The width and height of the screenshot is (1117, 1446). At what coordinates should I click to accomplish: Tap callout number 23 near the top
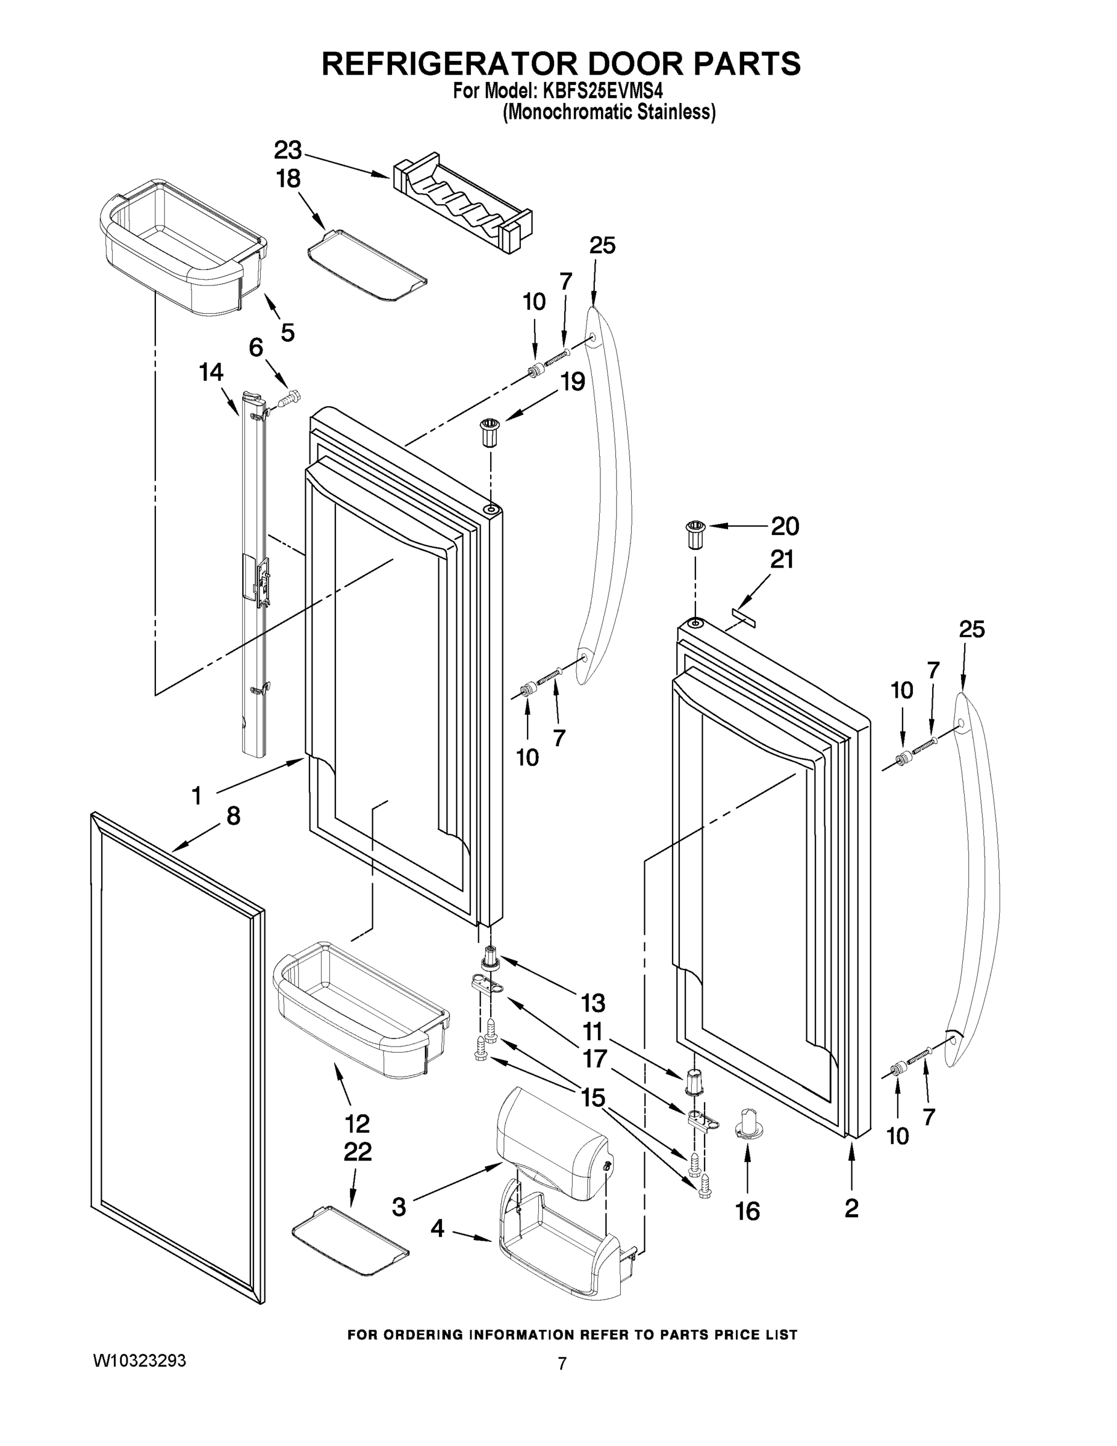[x=288, y=151]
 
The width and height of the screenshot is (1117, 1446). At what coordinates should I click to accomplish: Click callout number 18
[x=288, y=179]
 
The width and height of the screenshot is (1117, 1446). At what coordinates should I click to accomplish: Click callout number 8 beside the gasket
[x=233, y=816]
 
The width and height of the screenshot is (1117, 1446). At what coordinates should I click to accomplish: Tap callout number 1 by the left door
[x=196, y=796]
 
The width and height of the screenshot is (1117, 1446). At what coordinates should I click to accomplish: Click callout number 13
[x=593, y=1003]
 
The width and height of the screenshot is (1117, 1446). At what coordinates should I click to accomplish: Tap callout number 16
[x=748, y=1212]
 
